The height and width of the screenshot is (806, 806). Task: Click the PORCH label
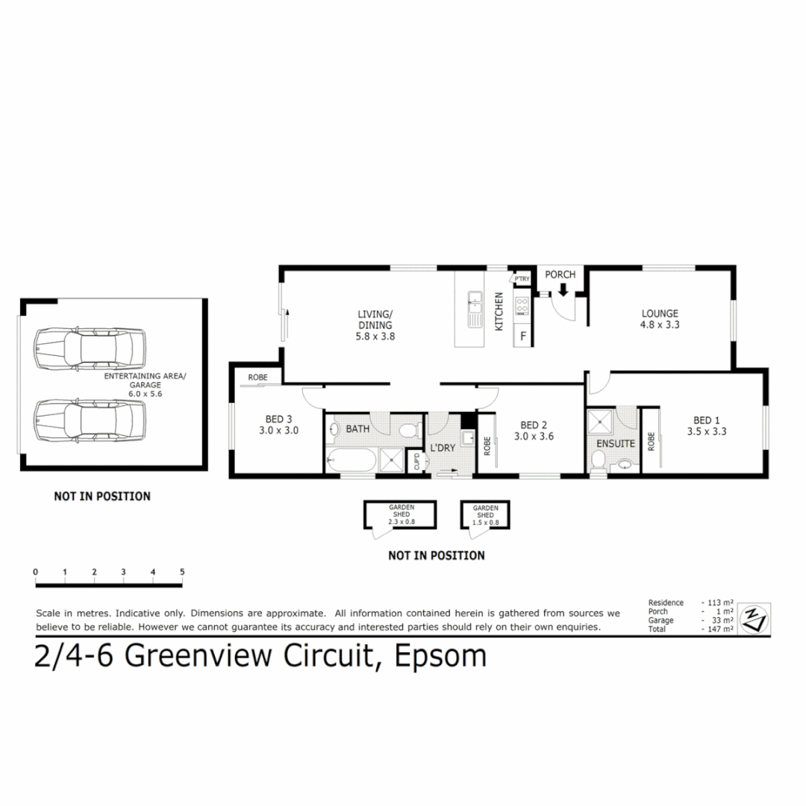coord(560,275)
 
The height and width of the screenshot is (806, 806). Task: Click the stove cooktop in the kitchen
coord(522,306)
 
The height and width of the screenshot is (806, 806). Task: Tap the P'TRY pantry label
coord(520,279)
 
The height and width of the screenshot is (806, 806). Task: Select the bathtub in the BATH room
coord(352,461)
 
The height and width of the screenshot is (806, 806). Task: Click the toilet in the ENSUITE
coord(597,460)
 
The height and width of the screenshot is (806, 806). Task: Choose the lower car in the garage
coord(90,420)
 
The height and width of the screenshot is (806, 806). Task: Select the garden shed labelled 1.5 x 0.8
coord(485,514)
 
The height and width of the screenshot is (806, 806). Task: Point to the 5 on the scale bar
coord(182,572)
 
